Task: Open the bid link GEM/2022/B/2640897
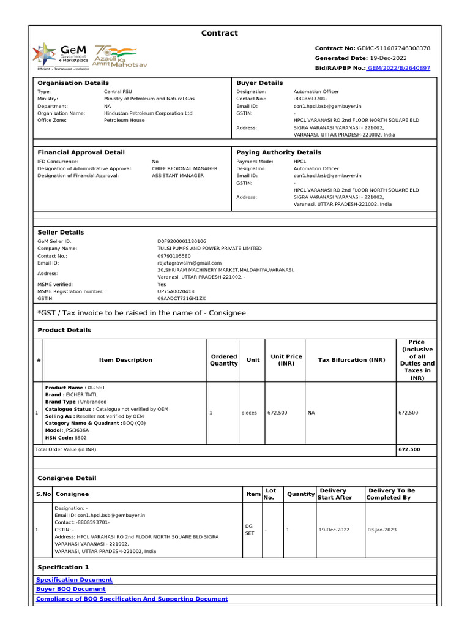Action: point(398,68)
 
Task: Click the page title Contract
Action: point(220,33)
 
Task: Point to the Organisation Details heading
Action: point(73,83)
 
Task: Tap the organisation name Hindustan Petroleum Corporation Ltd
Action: point(148,113)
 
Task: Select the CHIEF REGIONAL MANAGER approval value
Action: point(184,168)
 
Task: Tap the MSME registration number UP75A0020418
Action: point(176,291)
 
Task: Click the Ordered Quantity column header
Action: point(223,360)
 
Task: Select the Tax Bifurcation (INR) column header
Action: point(351,360)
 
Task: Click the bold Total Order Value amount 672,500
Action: point(409,449)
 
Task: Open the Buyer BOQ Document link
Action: point(71,589)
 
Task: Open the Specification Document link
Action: point(74,579)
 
